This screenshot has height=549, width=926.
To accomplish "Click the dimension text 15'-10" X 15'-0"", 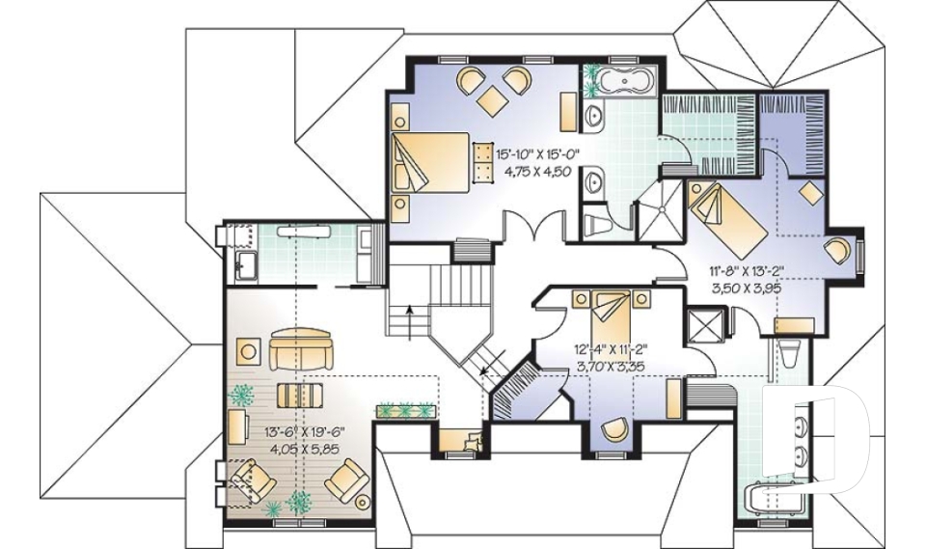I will (537, 153).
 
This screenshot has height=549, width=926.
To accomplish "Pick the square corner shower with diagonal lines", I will (660, 207).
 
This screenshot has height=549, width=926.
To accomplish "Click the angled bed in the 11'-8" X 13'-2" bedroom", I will (728, 217).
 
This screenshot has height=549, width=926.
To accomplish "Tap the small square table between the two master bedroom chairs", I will (492, 97).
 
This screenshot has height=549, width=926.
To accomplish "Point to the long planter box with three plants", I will (406, 411).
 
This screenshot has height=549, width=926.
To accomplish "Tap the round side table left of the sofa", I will (250, 350).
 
